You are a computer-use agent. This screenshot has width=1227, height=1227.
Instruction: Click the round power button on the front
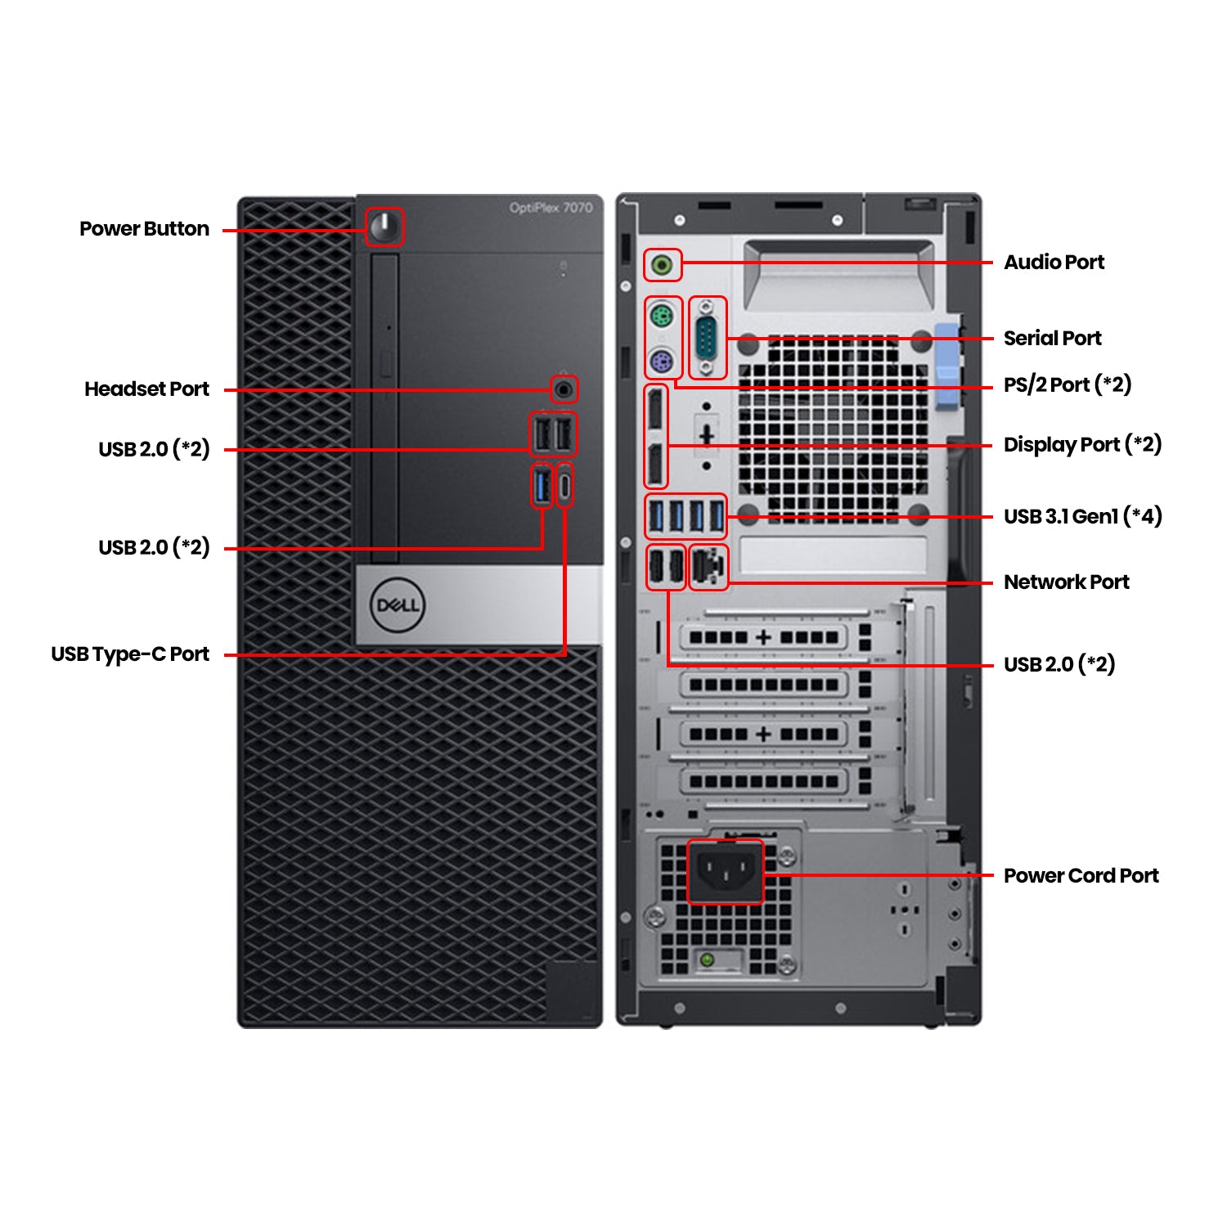(384, 226)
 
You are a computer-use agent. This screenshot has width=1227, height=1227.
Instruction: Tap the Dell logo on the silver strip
(398, 605)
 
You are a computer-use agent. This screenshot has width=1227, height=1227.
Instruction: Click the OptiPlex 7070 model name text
(551, 208)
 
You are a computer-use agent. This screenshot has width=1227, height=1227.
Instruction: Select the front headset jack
(564, 389)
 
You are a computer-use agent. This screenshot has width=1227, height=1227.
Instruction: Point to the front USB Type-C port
(564, 486)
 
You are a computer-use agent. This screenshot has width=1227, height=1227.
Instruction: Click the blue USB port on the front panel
(542, 485)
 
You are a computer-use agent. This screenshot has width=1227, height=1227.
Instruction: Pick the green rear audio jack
(663, 265)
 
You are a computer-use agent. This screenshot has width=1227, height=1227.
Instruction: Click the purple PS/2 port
(662, 361)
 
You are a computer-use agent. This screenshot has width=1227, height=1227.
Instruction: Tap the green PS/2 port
(662, 316)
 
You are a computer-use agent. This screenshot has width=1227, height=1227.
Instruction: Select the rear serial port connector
(708, 338)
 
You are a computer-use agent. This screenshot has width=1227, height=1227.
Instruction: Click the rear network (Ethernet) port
(708, 566)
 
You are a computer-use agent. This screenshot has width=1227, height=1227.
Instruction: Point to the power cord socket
(724, 872)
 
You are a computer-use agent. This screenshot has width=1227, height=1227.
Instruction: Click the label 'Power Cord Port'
(1081, 875)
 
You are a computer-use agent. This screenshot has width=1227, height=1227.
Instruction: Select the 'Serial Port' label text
(1052, 338)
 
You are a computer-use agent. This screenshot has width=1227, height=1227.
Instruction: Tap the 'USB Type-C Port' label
(130, 654)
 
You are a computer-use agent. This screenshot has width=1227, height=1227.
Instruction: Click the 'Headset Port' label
(146, 389)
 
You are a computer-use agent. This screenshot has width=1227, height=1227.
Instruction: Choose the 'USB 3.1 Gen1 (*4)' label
(1082, 516)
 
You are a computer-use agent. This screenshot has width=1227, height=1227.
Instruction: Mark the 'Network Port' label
(1066, 582)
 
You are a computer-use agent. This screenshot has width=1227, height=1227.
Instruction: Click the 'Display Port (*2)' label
(1082, 445)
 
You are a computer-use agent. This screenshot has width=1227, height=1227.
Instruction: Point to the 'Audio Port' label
(1054, 263)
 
